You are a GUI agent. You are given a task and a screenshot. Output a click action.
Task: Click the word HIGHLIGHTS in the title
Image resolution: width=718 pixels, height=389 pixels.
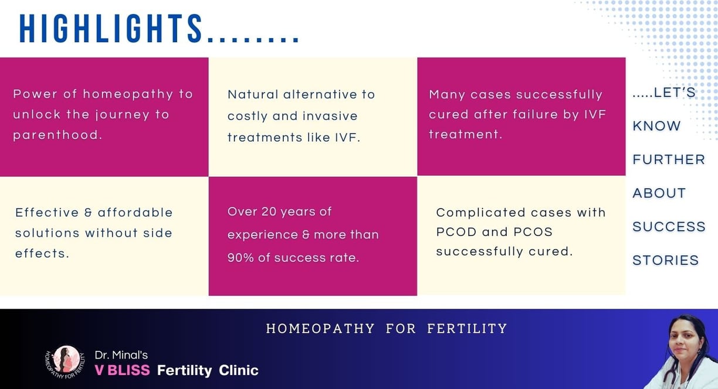pos(111,29)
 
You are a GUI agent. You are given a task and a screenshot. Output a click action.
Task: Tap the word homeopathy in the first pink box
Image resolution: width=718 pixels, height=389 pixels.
pos(128,94)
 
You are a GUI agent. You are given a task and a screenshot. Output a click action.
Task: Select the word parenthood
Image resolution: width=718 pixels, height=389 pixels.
pos(57,135)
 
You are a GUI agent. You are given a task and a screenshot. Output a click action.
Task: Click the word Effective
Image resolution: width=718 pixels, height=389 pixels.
pos(47,213)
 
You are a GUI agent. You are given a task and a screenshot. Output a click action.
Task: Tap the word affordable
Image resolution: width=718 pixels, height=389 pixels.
pos(135,213)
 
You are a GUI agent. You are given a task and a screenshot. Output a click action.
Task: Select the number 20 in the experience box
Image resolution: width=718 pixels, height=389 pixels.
pos(269,211)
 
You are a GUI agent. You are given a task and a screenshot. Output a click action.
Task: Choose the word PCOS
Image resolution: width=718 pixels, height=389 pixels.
pos(533,232)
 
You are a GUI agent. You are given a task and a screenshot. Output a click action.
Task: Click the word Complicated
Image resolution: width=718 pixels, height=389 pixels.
pos(480,213)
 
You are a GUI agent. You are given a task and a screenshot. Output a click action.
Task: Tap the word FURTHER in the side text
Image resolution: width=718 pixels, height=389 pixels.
pos(669,159)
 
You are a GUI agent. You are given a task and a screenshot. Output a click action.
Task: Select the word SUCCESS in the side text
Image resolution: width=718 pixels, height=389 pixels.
pos(669,227)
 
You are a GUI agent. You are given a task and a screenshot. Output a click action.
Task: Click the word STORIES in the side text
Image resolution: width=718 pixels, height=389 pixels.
pos(665,260)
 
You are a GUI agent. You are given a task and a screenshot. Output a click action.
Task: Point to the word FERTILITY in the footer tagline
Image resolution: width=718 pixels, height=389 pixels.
pos(467,329)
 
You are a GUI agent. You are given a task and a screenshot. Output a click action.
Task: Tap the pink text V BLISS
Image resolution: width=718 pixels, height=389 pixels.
pos(123,370)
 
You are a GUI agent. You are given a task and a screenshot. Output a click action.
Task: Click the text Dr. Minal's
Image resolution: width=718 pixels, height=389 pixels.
pos(121,355)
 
